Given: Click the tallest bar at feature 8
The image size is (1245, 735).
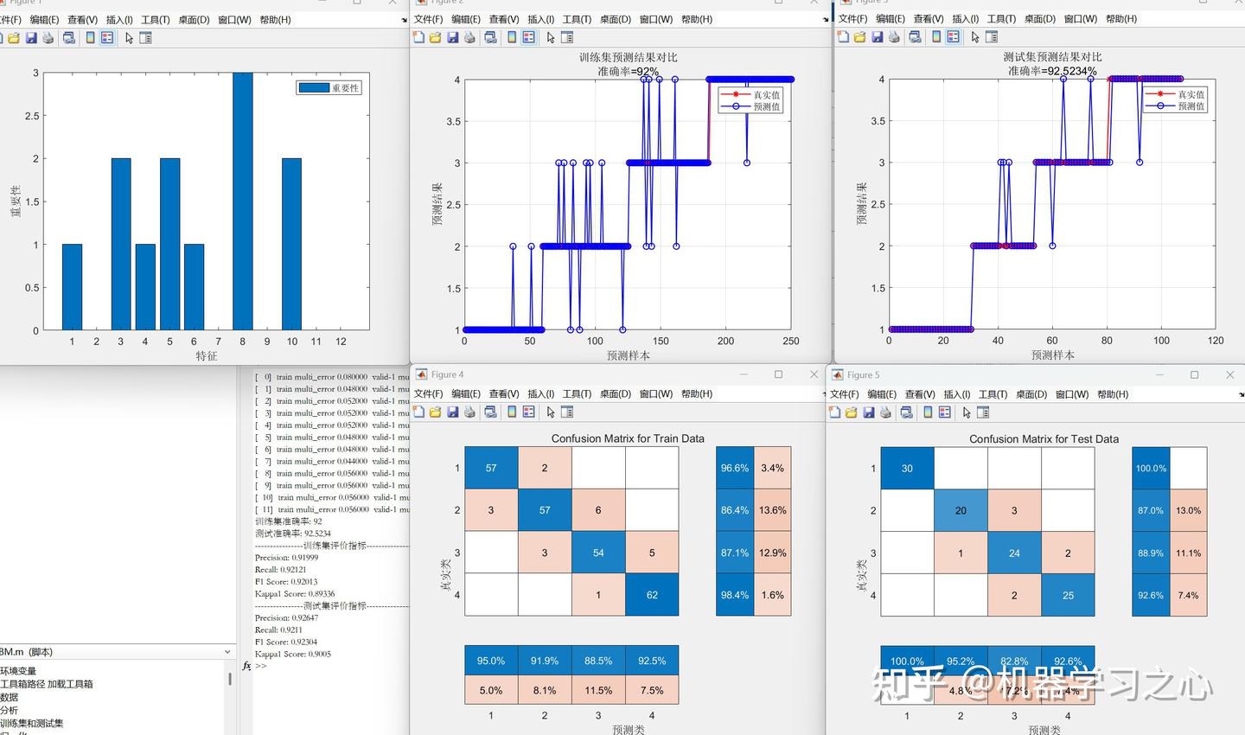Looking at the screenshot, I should [242, 201].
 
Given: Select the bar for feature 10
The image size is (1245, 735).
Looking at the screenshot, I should [291, 244].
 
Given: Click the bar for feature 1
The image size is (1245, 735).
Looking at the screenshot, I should [72, 287].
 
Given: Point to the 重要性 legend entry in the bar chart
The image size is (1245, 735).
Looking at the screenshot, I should [329, 88].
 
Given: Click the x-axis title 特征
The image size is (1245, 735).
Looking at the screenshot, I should [207, 356].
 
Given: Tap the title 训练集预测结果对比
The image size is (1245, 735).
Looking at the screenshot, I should [629, 57].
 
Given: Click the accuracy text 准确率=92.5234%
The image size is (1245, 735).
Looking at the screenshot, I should [1052, 71].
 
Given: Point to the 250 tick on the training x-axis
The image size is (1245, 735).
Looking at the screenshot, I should [790, 342].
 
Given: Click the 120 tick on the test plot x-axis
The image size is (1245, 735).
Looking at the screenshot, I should [1216, 341].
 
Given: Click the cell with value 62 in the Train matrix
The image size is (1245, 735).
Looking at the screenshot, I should [652, 595].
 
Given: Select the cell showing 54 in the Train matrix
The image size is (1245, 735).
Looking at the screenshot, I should [598, 553].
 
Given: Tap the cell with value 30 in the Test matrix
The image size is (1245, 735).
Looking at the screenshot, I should [907, 469].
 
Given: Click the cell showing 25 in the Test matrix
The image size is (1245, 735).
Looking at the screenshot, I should [1068, 595].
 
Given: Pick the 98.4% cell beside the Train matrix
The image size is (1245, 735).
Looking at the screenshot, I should [735, 595].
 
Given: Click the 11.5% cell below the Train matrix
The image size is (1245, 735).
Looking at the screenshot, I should [598, 690].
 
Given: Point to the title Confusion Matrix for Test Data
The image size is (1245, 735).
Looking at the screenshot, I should [1044, 439].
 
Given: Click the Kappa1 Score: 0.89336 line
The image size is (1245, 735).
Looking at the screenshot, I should [295, 594].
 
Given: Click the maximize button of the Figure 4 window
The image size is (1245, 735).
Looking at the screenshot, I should [778, 374].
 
